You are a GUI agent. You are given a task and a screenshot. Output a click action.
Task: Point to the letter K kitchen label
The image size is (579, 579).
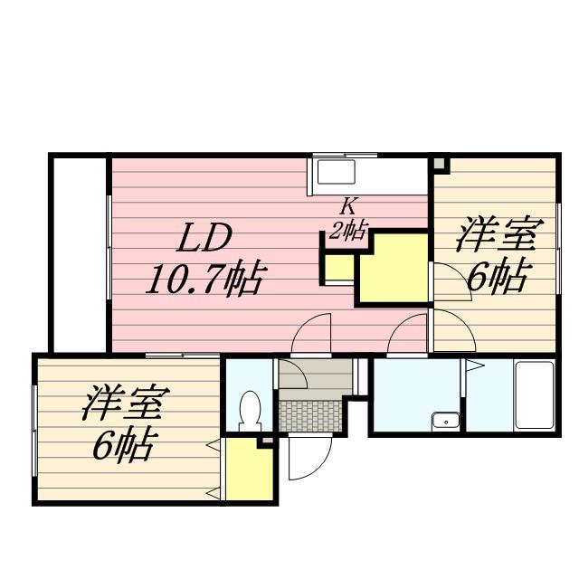(x=346, y=206)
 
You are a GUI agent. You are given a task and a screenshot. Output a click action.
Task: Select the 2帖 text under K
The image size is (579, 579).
(x=347, y=230)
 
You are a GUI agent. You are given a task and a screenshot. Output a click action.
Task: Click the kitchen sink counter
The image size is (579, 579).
(x=337, y=173)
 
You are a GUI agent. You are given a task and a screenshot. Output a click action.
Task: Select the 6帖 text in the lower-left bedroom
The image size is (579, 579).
(x=123, y=445)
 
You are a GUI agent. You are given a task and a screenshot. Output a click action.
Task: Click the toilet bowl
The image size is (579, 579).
(x=248, y=412)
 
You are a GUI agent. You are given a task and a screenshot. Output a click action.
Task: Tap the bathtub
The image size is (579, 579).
(x=534, y=395)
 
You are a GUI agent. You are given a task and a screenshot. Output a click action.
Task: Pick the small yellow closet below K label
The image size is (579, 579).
(x=340, y=268)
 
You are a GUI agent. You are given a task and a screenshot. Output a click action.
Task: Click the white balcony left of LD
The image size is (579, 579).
(x=80, y=253)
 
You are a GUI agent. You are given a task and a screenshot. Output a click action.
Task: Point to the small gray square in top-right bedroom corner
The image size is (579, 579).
(x=440, y=165)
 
